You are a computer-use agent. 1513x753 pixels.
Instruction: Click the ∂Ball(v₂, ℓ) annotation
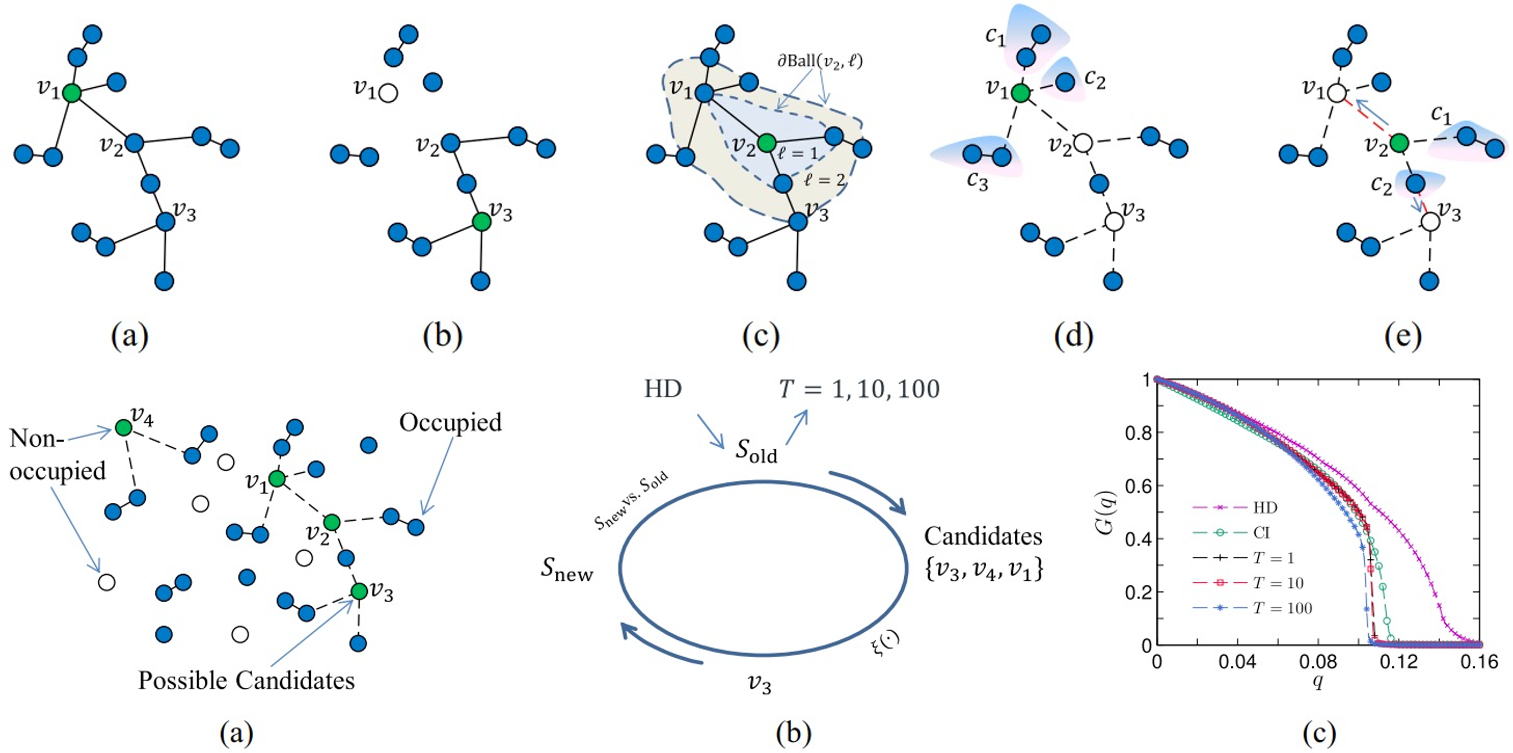point(820,60)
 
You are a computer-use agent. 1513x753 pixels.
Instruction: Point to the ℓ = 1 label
point(798,154)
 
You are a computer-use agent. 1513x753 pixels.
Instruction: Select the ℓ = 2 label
point(825,180)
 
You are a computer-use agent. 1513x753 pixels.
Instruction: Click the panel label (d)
point(1073,336)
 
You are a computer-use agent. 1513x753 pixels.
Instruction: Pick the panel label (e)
point(1403,336)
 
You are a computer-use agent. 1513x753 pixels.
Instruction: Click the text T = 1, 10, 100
point(859,389)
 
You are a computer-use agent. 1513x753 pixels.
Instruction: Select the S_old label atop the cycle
point(756,452)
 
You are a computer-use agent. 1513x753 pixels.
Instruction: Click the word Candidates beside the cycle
point(983,536)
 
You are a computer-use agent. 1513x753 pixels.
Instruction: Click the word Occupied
point(450,422)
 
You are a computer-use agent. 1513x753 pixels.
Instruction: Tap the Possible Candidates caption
point(246,680)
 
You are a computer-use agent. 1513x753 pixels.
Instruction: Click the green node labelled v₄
point(123,427)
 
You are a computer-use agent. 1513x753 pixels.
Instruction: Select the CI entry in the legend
point(1261,533)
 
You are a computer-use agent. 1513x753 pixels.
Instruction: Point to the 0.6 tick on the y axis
point(1138,486)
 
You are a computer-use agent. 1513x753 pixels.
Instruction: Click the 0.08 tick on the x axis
point(1318,662)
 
